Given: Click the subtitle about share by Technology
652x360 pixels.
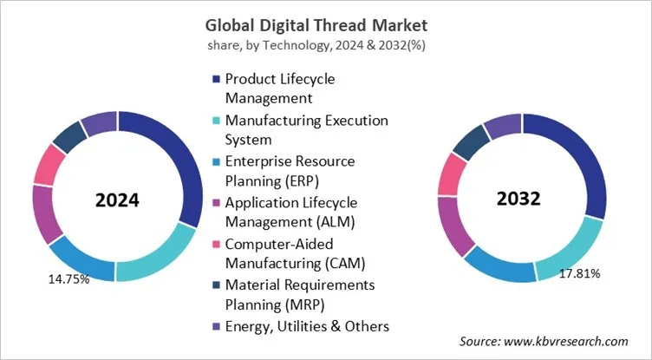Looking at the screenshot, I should coord(325,43).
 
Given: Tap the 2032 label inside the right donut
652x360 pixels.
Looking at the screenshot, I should coord(519,198).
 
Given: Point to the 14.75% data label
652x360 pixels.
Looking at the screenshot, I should coord(66,280).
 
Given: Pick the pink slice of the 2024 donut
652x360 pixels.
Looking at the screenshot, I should coord(49,165).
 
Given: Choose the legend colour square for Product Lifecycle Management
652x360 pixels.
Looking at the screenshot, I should coord(214,80).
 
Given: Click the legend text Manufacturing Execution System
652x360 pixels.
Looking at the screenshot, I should coord(306,129).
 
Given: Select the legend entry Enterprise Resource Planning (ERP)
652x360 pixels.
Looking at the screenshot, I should coord(290,170).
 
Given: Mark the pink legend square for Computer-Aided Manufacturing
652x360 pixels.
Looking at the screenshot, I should coord(214,245).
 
